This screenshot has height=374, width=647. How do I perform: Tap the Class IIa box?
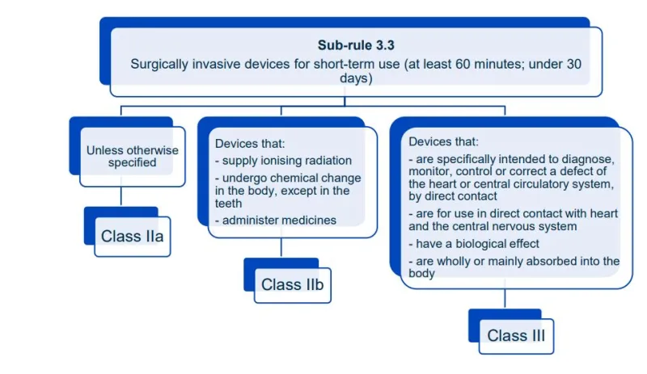pos(132,237)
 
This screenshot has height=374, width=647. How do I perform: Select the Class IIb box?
pos(292,284)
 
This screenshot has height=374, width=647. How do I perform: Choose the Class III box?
pos(516,335)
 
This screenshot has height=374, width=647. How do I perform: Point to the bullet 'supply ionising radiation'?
pos(283,160)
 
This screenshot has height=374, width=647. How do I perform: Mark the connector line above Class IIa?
pos(121,195)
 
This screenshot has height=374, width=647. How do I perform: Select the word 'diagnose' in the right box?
pos(594,158)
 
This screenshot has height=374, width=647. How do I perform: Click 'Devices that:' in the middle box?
pos(249,144)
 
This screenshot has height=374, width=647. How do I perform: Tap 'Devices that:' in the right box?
pos(443,141)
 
